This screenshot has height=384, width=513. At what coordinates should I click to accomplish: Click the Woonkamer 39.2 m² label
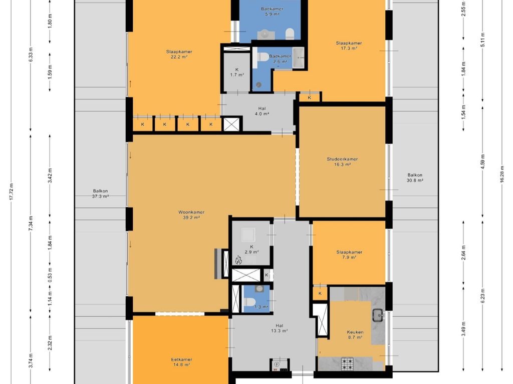191,215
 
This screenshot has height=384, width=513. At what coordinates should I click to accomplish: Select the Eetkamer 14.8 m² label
181,362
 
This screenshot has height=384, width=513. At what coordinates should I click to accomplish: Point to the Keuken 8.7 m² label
355,334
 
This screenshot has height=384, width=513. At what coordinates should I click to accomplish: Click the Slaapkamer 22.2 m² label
179,54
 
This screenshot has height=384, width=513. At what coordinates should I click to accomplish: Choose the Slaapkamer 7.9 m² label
349,254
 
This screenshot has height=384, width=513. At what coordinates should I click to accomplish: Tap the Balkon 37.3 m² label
100,193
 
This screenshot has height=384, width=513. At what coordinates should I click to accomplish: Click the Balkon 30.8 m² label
415,177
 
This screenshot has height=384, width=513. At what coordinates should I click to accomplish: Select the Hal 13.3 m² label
279,328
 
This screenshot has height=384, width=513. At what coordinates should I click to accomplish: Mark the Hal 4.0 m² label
262,111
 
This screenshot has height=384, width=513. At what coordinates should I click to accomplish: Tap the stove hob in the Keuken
347,364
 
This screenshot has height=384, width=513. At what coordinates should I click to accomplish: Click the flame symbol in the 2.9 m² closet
238,260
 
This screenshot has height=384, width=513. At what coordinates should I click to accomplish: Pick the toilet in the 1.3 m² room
250,302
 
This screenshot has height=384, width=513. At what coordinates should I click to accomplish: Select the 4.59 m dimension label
483,161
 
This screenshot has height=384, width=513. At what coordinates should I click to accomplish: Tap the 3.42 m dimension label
50,175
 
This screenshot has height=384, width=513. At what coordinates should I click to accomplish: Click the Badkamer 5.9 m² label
272,11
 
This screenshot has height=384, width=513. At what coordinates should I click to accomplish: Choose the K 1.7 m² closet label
237,72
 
